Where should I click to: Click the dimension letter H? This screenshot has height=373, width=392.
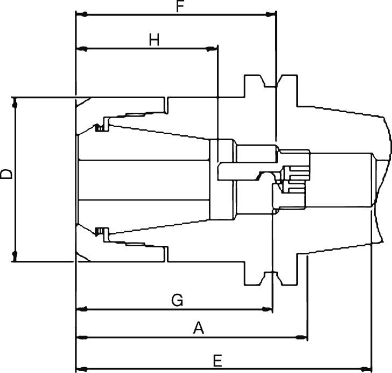(155, 40)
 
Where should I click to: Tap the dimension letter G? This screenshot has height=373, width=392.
(177, 301)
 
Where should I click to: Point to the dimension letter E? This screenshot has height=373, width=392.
(218, 360)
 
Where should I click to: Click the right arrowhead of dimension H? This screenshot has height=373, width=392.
(213, 49)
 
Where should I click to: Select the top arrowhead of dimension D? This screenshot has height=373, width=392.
(15, 102)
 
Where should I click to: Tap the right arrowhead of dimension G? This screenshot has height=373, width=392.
(268, 309)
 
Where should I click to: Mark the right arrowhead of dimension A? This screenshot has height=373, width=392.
(303, 337)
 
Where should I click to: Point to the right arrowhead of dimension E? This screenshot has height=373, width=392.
(368, 368)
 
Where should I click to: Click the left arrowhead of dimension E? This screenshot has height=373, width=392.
(80, 368)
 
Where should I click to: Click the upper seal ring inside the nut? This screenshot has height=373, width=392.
(99, 128)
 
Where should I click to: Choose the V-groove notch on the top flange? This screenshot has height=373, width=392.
(271, 84)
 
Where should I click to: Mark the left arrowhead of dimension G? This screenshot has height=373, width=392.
(81, 309)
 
